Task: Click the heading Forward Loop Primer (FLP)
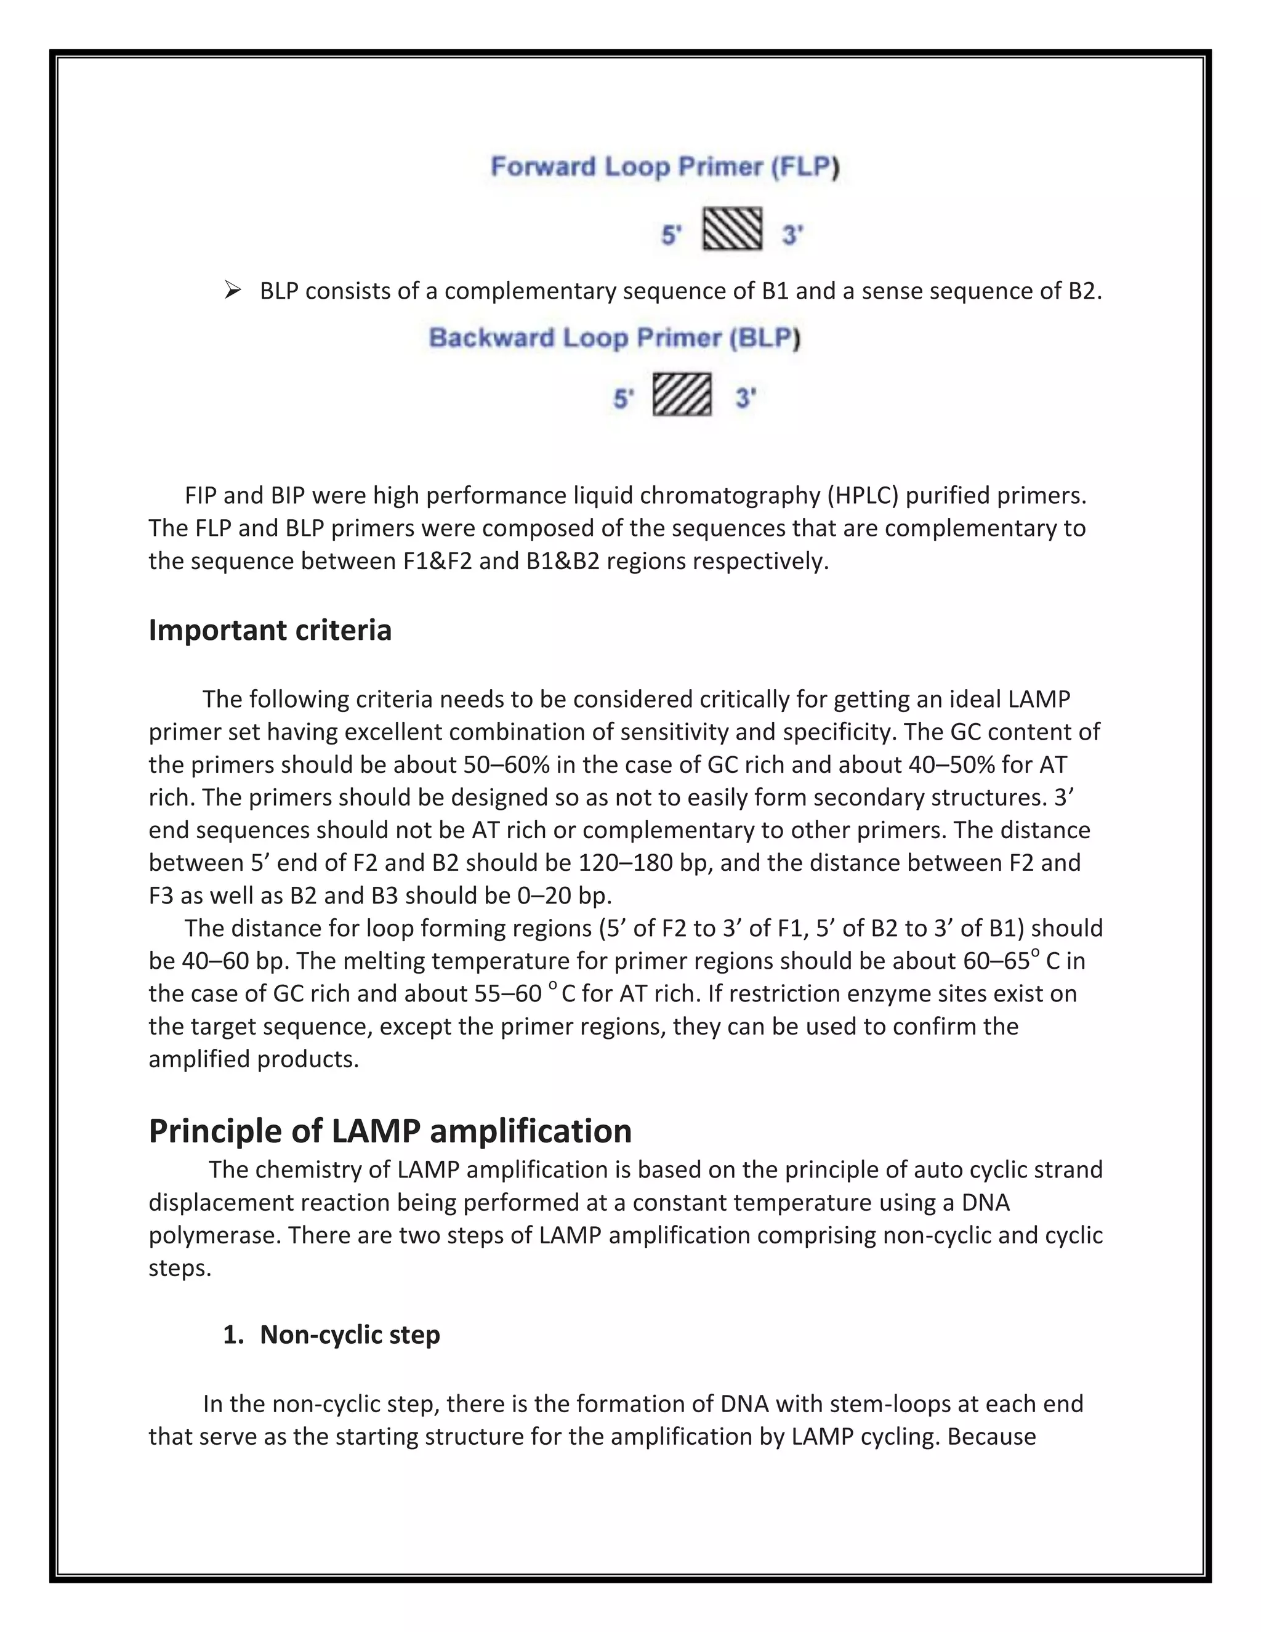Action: click(x=664, y=167)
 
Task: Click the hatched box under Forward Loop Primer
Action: click(x=732, y=228)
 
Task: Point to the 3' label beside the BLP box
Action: click(x=746, y=398)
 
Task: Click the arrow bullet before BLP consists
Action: click(x=232, y=290)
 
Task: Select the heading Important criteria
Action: click(x=270, y=630)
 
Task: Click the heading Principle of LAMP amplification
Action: click(x=390, y=1131)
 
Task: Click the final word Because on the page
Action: click(x=991, y=1437)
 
